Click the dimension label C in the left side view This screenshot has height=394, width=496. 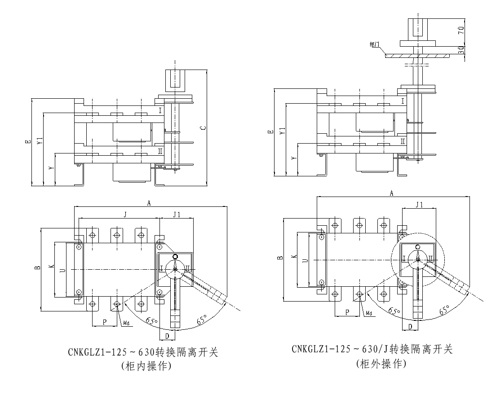coord(204,128)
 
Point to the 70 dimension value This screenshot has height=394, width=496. coord(461,31)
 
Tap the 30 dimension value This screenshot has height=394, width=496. coord(461,49)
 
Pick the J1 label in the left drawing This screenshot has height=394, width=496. coord(176,214)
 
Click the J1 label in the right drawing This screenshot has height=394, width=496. coord(419,205)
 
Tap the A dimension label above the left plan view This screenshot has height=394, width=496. coord(149,203)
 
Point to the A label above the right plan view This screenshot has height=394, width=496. coord(391,193)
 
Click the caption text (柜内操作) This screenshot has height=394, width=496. coord(146,366)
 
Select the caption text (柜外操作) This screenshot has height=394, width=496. coord(381,363)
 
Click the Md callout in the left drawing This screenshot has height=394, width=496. coord(127,323)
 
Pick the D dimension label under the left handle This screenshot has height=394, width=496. coord(167,335)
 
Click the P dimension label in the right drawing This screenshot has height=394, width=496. coord(347,311)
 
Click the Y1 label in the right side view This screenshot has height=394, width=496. coord(282,132)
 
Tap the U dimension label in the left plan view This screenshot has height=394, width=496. coord(62,270)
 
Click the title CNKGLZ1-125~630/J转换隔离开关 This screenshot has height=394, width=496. coord(372,349)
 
